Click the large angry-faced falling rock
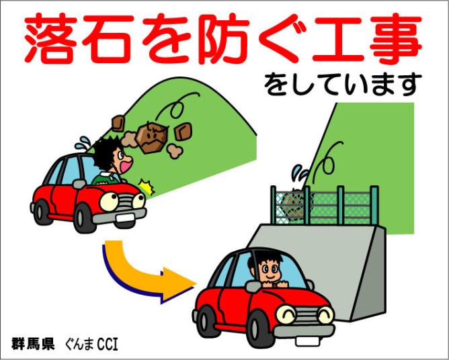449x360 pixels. tap(152, 138)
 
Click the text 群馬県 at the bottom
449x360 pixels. tap(33, 344)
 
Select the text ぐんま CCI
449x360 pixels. tap(91, 344)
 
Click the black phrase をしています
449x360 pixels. tap(343, 85)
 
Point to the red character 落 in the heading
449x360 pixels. tap(51, 39)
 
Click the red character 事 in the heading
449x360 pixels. tap(395, 39)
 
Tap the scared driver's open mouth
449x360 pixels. tap(126, 165)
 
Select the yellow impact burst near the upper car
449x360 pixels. tap(147, 186)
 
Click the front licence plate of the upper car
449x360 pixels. tap(124, 218)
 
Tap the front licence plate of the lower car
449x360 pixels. tap(307, 341)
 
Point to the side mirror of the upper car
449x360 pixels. tap(79, 184)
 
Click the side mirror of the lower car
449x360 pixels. tap(253, 286)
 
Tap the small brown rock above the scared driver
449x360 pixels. tap(118, 123)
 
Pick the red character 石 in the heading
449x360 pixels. tap(108, 39)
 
